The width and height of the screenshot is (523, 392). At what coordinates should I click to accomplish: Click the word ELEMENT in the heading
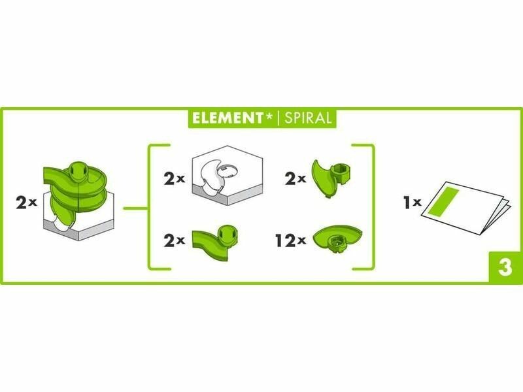coord(228,118)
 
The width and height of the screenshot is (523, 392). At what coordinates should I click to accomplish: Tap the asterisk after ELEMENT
coord(269,116)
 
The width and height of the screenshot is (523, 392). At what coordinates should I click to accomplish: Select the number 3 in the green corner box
coord(505,267)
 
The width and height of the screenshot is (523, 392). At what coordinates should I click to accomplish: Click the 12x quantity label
coord(290,240)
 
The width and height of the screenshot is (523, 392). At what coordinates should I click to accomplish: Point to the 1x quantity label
coord(413,203)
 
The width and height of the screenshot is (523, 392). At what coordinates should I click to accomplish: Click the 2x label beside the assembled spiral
coord(26,203)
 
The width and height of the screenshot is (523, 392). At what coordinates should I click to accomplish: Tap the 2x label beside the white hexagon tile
coord(174,179)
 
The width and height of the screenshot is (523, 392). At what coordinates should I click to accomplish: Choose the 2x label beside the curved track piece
coord(174,240)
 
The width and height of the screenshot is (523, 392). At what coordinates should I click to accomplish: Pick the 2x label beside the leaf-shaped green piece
coord(295,179)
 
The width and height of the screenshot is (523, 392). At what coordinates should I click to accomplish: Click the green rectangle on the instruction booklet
coord(444,201)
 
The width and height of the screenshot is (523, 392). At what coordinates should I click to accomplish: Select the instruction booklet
coord(466,207)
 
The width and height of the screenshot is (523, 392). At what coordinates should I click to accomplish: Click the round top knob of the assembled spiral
coord(78,172)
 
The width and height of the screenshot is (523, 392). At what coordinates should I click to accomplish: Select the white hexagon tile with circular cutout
coord(228,175)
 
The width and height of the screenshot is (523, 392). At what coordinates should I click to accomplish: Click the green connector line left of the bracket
coord(135,208)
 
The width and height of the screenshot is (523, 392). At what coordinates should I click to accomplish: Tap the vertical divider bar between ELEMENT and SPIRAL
coord(279,118)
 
